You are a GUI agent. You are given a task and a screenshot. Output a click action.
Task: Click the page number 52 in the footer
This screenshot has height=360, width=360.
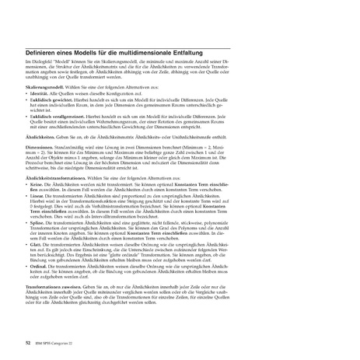(28, 339)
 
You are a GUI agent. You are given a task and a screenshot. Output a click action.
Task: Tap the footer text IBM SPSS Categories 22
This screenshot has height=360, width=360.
(55, 339)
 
